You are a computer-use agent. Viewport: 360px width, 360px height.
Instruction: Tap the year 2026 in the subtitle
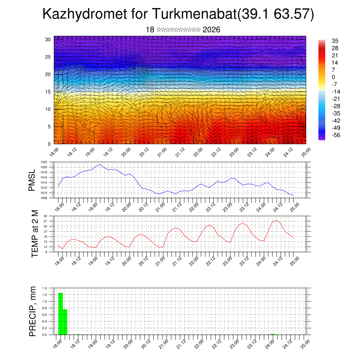(x=211, y=30)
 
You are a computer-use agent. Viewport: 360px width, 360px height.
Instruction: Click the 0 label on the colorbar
(x=333, y=77)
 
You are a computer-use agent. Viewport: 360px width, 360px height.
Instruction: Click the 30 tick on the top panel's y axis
(x=48, y=39)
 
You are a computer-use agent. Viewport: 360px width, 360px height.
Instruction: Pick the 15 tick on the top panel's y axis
(x=48, y=92)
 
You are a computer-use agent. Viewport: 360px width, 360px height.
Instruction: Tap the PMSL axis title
(x=32, y=181)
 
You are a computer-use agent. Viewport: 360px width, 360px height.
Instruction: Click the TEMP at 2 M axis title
(x=34, y=233)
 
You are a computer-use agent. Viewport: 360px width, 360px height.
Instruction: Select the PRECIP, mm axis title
(x=33, y=311)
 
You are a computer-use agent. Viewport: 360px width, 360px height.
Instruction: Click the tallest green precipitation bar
(x=60, y=314)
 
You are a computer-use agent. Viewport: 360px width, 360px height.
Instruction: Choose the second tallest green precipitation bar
(x=65, y=322)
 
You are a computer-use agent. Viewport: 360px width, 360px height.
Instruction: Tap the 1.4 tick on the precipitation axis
(x=45, y=288)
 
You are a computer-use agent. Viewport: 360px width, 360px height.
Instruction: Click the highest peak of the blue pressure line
(x=101, y=164)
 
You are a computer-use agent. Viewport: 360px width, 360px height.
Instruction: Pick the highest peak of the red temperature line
(x=276, y=220)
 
